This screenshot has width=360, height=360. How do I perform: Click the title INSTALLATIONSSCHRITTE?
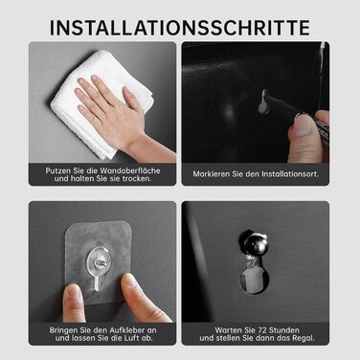tap(180, 28)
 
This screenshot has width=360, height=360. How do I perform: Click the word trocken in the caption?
tap(137, 179)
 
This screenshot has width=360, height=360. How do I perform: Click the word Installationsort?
tap(290, 174)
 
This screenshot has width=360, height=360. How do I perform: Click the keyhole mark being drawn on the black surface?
tap(264, 101)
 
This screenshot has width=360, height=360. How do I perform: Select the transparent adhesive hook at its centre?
tap(99, 261)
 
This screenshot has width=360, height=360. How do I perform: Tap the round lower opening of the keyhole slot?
tap(254, 280)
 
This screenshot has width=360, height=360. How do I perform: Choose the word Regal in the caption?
tap(304, 338)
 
